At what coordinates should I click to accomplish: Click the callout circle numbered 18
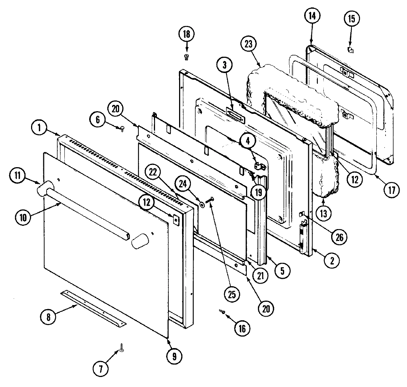(x=186, y=34)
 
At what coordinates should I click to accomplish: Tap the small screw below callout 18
(x=186, y=56)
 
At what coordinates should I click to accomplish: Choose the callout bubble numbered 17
(x=392, y=190)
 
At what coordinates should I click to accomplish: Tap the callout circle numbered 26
(x=336, y=236)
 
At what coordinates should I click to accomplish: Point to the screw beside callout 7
(x=121, y=348)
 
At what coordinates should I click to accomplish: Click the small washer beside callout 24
(x=202, y=204)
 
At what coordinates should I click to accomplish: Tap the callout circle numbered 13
(x=324, y=214)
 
